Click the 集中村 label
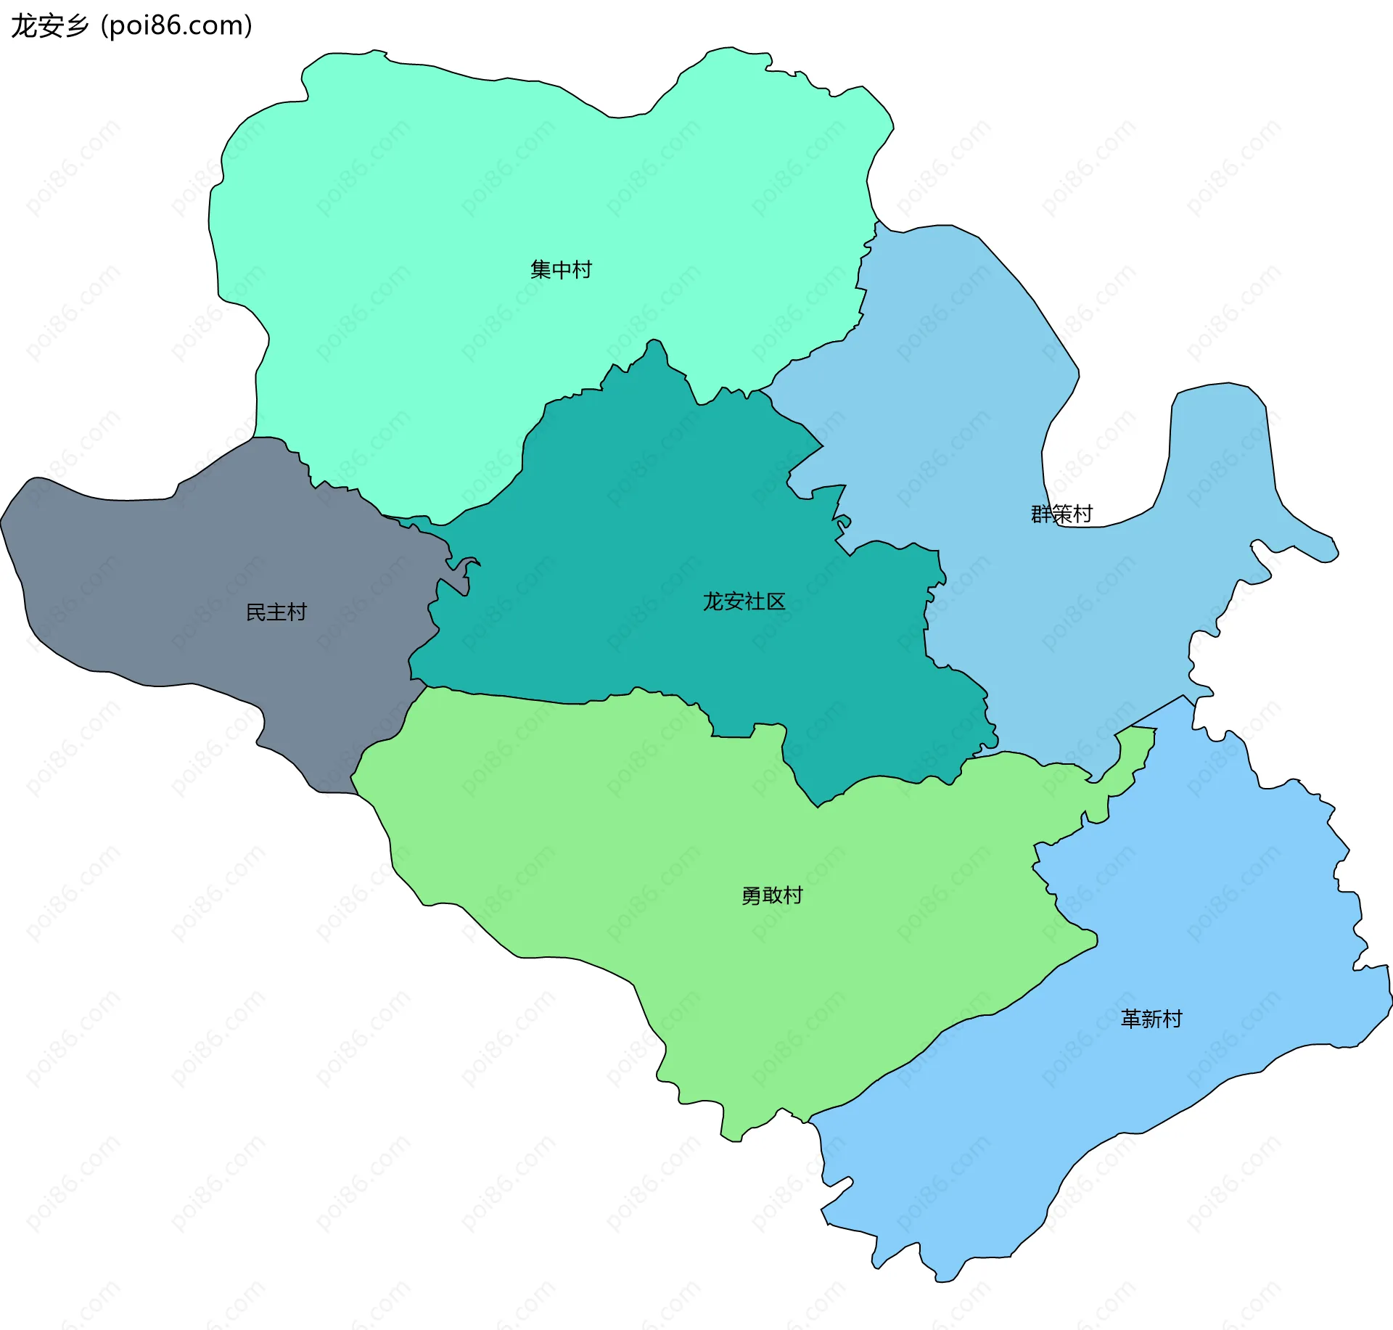561,270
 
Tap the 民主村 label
276,612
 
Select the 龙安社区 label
744,602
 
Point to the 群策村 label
1061,514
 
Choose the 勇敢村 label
772,895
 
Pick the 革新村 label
1151,1019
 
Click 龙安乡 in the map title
49,25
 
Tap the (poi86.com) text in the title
176,25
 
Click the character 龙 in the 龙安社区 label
713,602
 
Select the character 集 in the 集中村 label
541,270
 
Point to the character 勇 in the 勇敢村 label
752,895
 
